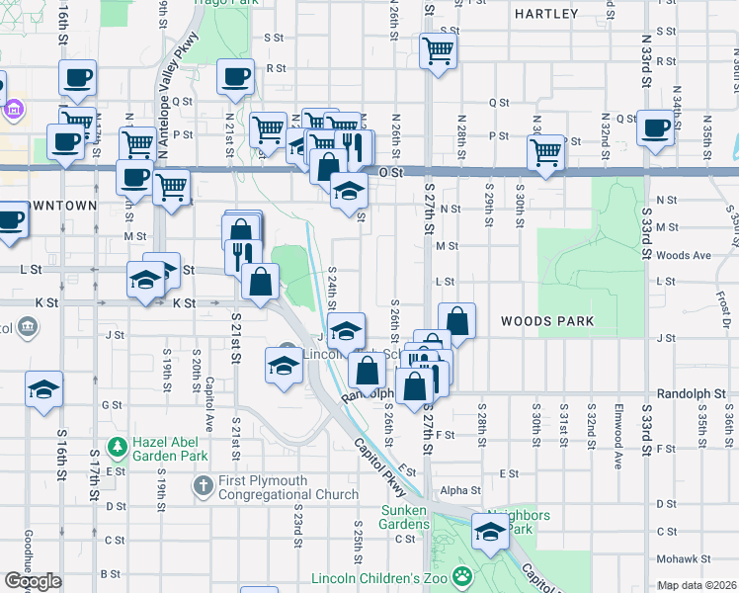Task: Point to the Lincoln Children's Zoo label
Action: coord(380,578)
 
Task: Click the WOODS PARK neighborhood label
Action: coord(546,321)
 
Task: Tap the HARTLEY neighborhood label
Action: coord(545,14)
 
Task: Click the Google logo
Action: coord(33,581)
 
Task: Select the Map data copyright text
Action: coord(698,585)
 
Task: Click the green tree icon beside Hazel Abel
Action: coord(119,448)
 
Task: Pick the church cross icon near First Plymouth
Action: coord(203,485)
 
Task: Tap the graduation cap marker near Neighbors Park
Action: coord(488,532)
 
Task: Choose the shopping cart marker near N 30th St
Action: coord(545,151)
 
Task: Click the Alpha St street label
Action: coord(460,489)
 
